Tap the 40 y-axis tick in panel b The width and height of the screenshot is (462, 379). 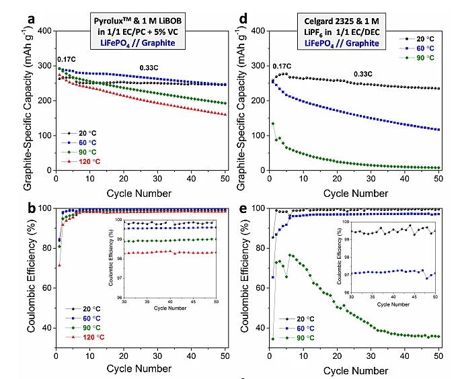(46, 328)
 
